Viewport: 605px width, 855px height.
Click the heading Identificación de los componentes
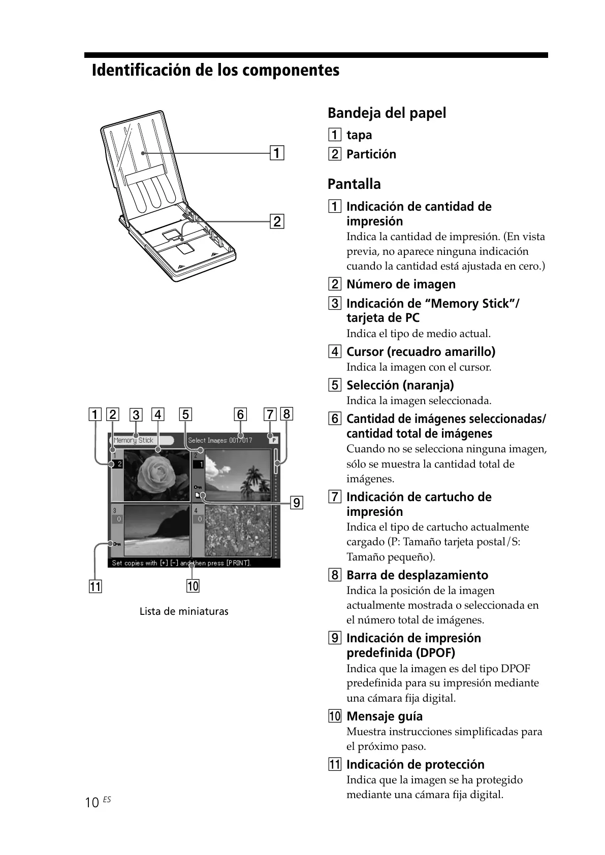coord(215,70)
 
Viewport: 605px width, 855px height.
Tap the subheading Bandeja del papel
coord(387,113)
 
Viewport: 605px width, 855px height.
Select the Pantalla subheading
coord(354,184)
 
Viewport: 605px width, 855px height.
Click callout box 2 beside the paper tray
coord(277,222)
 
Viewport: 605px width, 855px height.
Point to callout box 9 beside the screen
coord(296,503)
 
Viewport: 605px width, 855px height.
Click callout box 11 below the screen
coord(95,587)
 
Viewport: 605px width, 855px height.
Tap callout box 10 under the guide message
coord(193,586)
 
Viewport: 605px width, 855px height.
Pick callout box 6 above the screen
coord(240,414)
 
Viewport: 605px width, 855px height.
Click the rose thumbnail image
coord(156,475)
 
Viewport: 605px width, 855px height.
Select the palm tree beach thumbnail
coord(238,475)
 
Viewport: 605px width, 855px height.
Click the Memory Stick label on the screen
coord(134,441)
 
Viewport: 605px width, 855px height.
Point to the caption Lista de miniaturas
coord(184,611)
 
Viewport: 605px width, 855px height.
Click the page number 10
coord(92,803)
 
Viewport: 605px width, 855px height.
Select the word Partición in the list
coord(371,154)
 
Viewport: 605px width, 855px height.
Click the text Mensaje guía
coord(384,716)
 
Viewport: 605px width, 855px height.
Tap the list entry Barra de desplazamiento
coord(417,575)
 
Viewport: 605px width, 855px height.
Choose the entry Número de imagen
coord(401,284)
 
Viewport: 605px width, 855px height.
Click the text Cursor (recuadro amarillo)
coord(421,352)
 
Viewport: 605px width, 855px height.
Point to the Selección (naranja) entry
coord(400,385)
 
